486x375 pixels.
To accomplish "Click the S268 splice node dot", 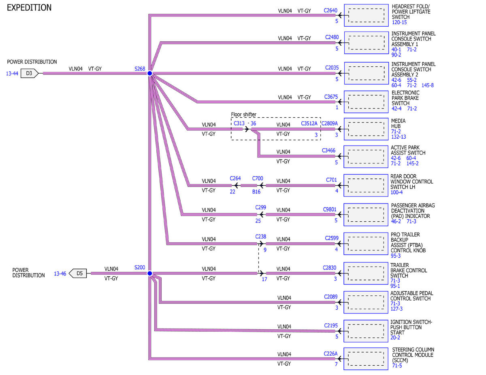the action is point(149,73).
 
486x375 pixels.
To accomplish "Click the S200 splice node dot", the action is point(149,273).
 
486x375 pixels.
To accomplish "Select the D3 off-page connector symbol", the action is point(29,73).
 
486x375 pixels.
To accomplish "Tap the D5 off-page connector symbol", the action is point(78,273).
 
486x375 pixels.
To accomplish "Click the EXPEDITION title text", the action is point(29,8).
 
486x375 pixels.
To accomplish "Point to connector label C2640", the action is point(330,11).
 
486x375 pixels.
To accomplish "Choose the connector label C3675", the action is point(331,97).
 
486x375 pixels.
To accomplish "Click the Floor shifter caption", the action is point(243,114).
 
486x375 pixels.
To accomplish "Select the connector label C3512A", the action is point(309,123).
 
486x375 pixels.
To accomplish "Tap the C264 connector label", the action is point(235,178).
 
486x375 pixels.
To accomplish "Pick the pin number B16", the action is point(256,192).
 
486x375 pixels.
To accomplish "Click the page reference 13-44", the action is point(12,74).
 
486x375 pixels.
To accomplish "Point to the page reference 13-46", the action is point(60,273).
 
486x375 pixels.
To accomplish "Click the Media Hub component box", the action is point(366,129).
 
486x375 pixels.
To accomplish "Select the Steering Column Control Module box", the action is point(366,359).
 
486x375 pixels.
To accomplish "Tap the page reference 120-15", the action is point(399,22).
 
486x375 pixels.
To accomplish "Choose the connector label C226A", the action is point(330,354).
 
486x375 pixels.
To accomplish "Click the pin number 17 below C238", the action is point(264,279).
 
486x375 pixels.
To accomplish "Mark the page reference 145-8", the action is point(427,85).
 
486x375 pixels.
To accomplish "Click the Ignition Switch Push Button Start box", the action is point(366,331).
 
